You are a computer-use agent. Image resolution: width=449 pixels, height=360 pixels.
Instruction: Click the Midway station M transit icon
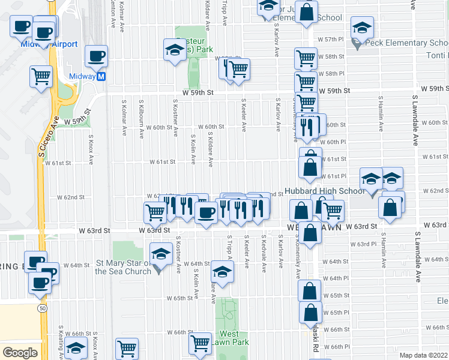pyautogui.click(x=101, y=76)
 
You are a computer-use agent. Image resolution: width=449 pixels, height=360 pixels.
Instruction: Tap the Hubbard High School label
pyautogui.click(x=326, y=191)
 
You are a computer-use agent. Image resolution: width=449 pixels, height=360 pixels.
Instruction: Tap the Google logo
pyautogui.click(x=20, y=353)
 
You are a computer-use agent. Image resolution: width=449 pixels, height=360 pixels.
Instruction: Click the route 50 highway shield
pyautogui.click(x=41, y=308)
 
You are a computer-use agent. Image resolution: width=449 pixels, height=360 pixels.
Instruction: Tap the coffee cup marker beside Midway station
pyautogui.click(x=96, y=57)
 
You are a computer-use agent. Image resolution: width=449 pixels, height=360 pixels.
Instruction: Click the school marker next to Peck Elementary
pyautogui.click(x=363, y=28)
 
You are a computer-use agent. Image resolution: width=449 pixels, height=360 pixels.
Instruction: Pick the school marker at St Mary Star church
pyautogui.click(x=161, y=254)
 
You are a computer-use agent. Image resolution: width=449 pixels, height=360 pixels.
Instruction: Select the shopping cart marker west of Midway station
pyautogui.click(x=41, y=76)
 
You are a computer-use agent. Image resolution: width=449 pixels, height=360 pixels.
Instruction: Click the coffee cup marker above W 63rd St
pyautogui.click(x=206, y=213)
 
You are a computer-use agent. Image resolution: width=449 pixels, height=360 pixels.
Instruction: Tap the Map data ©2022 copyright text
pyautogui.click(x=423, y=355)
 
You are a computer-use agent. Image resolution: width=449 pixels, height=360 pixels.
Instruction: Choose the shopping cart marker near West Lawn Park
pyautogui.click(x=200, y=344)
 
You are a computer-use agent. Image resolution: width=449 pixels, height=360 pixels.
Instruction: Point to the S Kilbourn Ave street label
pyautogui.click(x=141, y=117)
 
